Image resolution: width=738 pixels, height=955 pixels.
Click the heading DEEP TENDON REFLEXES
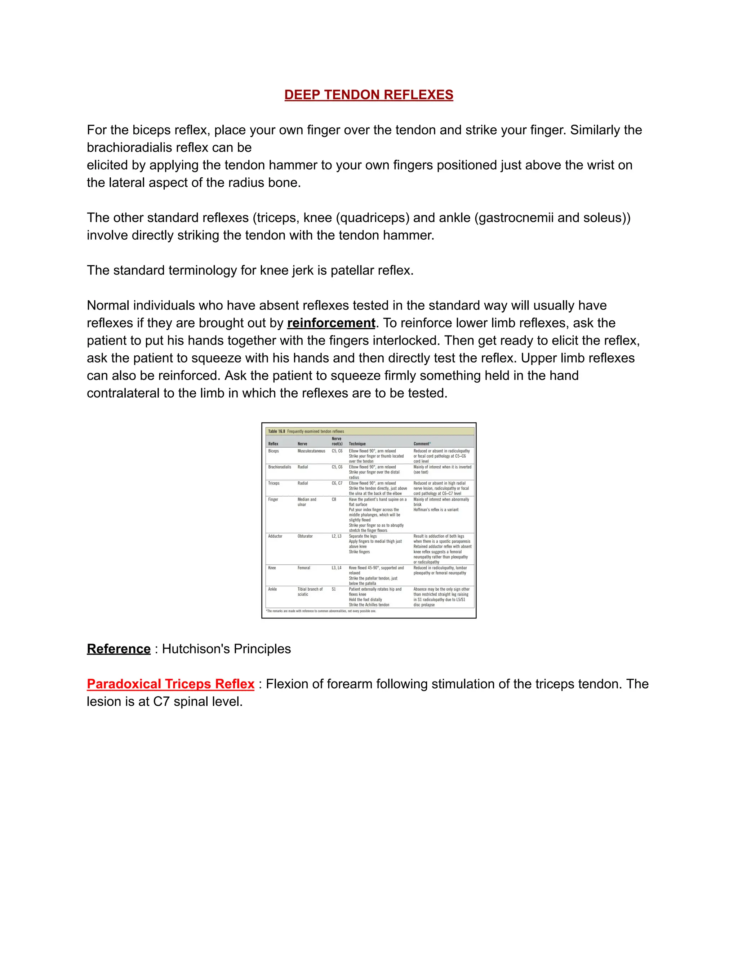369,95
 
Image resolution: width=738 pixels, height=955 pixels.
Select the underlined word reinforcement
331,323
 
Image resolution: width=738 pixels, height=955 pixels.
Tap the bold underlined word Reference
119,649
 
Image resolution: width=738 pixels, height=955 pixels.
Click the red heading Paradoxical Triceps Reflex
170,684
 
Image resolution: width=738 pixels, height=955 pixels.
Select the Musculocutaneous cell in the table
311,451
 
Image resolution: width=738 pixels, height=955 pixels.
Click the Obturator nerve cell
305,536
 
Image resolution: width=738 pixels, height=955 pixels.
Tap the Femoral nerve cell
304,568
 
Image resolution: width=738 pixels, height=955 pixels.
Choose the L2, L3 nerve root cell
337,536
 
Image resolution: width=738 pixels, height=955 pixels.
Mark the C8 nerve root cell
334,499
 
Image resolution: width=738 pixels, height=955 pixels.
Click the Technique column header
357,444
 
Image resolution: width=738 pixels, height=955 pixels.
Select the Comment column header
422,444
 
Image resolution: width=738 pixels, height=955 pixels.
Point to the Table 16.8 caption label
276,432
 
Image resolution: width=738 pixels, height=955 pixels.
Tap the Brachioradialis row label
279,467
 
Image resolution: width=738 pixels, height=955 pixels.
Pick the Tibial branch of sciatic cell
310,592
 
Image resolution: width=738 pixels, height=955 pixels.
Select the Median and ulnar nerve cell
307,502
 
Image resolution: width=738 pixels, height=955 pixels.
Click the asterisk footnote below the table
321,611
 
